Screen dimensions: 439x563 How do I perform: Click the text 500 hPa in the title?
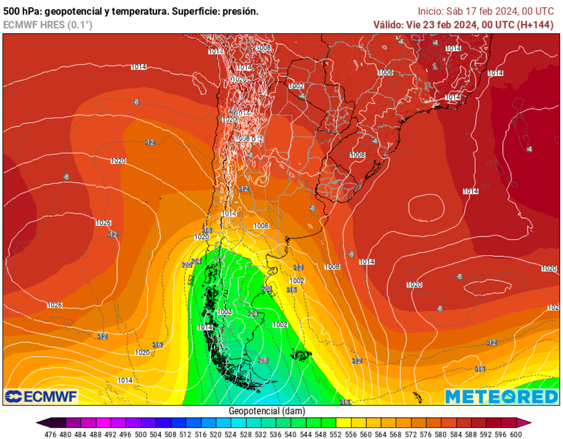[21, 11]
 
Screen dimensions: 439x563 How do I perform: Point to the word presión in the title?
[240, 11]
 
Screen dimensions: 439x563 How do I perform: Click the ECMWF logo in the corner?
[41, 396]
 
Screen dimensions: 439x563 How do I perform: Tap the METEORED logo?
[501, 396]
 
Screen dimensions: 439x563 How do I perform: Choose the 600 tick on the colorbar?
[516, 433]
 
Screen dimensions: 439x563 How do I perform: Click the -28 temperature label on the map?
[262, 360]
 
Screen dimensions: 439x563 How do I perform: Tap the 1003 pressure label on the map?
[224, 312]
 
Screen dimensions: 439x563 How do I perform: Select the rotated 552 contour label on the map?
[191, 279]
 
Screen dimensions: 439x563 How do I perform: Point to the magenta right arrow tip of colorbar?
[528, 423]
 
